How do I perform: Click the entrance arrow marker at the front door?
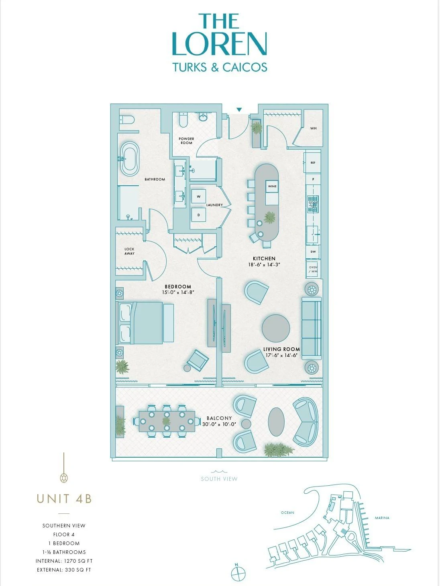pos(239,109)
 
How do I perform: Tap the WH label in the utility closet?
pos(314,128)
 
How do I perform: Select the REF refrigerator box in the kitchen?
pos(313,162)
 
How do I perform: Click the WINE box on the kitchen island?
pos(272,186)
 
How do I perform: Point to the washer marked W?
pos(198,197)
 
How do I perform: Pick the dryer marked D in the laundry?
pos(198,215)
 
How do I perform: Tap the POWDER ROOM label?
pos(186,141)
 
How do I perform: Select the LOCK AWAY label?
pos(129,251)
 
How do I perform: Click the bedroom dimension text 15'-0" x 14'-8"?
pos(178,292)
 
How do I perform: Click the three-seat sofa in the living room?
pos(312,328)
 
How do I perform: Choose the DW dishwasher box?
pos(313,251)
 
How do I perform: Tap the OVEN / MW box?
pos(313,269)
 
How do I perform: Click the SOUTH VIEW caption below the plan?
pos(219,479)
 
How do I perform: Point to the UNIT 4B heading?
pos(64,499)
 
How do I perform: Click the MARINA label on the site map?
pos(382,518)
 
